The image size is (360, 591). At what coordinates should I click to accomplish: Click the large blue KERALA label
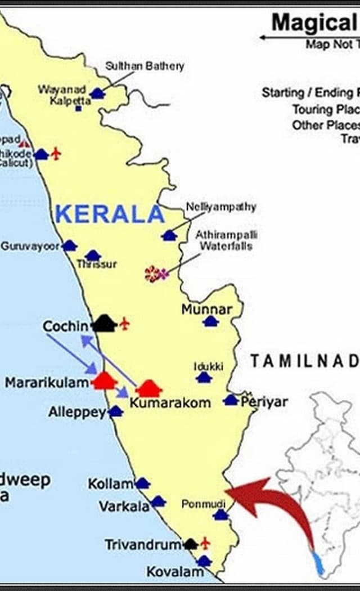tap(110, 214)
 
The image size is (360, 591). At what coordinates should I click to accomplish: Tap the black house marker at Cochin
tap(104, 324)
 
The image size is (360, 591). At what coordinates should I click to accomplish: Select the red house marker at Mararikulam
tap(104, 381)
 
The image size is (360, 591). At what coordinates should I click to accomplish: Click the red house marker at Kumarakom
tap(149, 388)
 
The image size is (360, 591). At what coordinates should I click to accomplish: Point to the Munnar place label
tap(206, 310)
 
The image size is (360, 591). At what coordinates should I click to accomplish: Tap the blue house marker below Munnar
tap(210, 321)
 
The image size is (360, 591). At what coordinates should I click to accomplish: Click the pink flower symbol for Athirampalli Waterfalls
tap(156, 274)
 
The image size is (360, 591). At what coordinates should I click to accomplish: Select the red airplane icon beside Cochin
tap(124, 324)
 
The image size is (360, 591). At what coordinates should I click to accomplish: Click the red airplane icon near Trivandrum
tap(205, 543)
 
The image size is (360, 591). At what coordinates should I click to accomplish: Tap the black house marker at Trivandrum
tap(191, 544)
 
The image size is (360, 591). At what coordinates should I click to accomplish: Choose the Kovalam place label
tap(175, 572)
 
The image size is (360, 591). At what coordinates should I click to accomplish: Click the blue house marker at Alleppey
tap(115, 411)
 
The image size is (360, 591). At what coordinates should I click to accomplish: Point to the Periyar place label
tap(264, 402)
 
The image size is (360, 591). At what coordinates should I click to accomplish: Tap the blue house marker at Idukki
tap(204, 377)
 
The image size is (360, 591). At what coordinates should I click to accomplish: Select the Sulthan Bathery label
tap(145, 66)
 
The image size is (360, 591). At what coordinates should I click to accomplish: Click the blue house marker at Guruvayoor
tap(69, 246)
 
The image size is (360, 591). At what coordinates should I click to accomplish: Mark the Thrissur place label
tap(97, 264)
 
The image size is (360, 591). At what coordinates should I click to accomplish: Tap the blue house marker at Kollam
tap(142, 483)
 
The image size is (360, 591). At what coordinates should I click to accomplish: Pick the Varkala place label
tap(124, 506)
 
